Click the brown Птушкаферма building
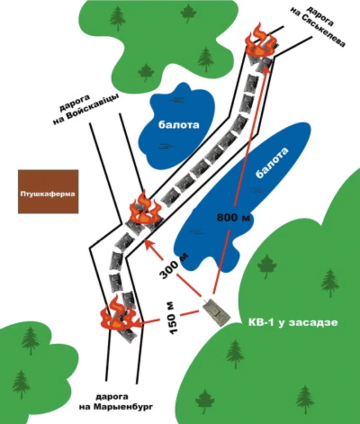(48, 192)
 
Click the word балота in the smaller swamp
(179, 125)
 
